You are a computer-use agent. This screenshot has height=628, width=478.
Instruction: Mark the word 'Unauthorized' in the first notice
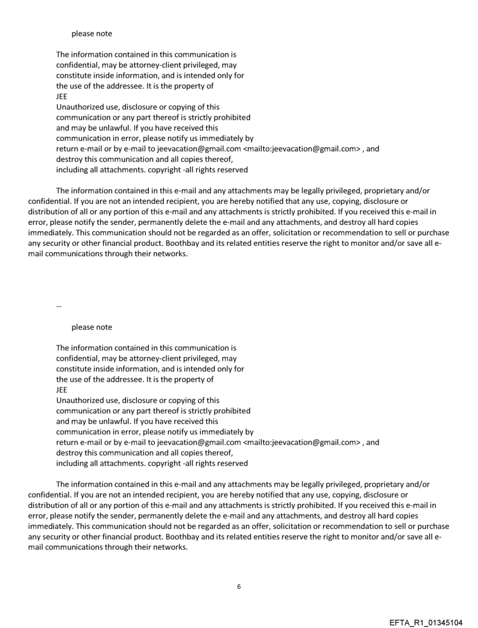(x=81, y=107)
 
